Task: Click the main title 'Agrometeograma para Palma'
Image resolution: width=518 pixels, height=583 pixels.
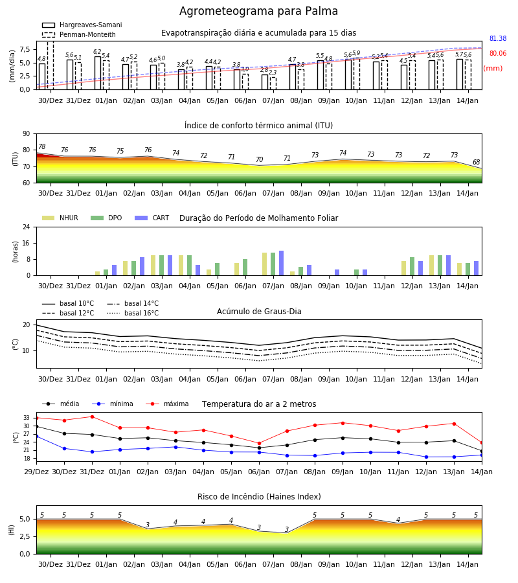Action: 258,11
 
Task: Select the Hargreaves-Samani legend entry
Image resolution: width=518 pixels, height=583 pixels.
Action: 82,25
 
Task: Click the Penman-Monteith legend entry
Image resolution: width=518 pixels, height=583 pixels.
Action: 79,34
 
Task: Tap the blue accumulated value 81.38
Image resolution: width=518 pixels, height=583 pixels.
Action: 498,38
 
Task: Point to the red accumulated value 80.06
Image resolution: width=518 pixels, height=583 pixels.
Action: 498,53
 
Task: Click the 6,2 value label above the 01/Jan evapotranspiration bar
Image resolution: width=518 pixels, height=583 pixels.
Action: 97,52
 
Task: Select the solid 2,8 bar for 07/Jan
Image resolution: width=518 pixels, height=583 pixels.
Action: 265,82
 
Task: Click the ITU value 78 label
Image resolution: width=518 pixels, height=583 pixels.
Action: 41,146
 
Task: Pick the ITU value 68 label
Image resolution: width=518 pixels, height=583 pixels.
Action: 476,162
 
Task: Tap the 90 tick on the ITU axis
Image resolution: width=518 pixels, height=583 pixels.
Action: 27,134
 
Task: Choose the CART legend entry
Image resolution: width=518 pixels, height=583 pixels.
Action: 152,218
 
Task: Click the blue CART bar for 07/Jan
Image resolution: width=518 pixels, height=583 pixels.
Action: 281,263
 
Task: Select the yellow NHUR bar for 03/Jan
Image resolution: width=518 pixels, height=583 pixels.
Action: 153,266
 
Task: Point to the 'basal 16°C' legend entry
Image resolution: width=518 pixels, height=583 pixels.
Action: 133,313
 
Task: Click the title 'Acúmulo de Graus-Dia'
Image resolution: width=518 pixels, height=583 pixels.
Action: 259,312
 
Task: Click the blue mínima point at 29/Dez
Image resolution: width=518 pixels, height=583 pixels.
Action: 36,436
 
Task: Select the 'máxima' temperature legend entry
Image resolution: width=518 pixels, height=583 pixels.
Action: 168,404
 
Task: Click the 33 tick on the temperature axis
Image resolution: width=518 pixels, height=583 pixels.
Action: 27,418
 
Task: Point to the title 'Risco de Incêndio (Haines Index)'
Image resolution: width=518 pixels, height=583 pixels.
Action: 259,497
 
